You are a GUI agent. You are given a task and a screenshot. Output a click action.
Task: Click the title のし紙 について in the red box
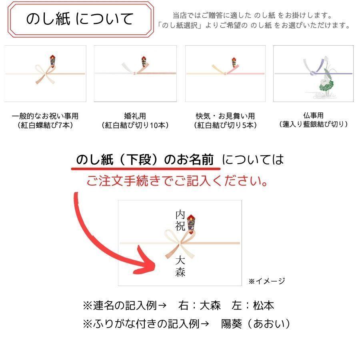point(80,19)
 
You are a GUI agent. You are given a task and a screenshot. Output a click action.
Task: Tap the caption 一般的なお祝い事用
point(45,116)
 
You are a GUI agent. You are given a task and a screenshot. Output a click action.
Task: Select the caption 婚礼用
point(135,116)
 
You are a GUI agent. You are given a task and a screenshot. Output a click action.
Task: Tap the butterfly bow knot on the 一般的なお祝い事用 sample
point(45,74)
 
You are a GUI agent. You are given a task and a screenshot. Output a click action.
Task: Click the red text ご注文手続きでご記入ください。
point(178,181)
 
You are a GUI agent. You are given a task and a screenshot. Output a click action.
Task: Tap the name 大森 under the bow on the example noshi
point(180,266)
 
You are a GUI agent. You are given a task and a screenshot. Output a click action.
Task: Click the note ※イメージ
point(266,281)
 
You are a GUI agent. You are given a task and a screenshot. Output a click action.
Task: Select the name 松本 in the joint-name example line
point(264,306)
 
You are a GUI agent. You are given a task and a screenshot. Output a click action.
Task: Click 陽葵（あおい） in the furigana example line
point(256,324)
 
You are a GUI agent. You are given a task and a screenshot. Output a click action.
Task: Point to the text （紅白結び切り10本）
point(135,125)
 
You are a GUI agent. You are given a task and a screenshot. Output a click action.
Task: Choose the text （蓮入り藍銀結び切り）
point(313,124)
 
